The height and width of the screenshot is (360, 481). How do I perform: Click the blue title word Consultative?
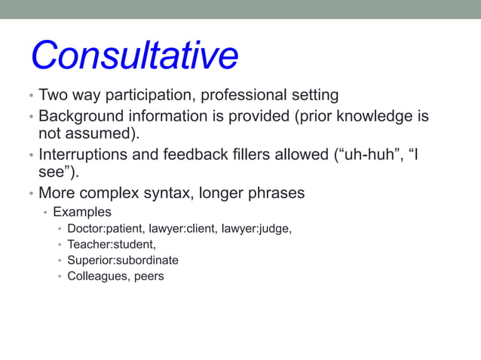pyautogui.click(x=134, y=56)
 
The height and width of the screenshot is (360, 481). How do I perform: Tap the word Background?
pyautogui.click(x=78, y=117)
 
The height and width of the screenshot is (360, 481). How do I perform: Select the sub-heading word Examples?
pyautogui.click(x=82, y=212)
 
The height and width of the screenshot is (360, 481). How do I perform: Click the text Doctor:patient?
pyautogui.click(x=105, y=228)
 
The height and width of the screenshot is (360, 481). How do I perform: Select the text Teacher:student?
pyautogui.click(x=111, y=244)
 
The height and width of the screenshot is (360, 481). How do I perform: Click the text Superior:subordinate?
pyautogui.click(x=123, y=260)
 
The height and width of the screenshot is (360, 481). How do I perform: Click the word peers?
pyautogui.click(x=149, y=276)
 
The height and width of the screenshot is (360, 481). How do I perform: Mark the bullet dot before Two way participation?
pyautogui.click(x=30, y=97)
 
